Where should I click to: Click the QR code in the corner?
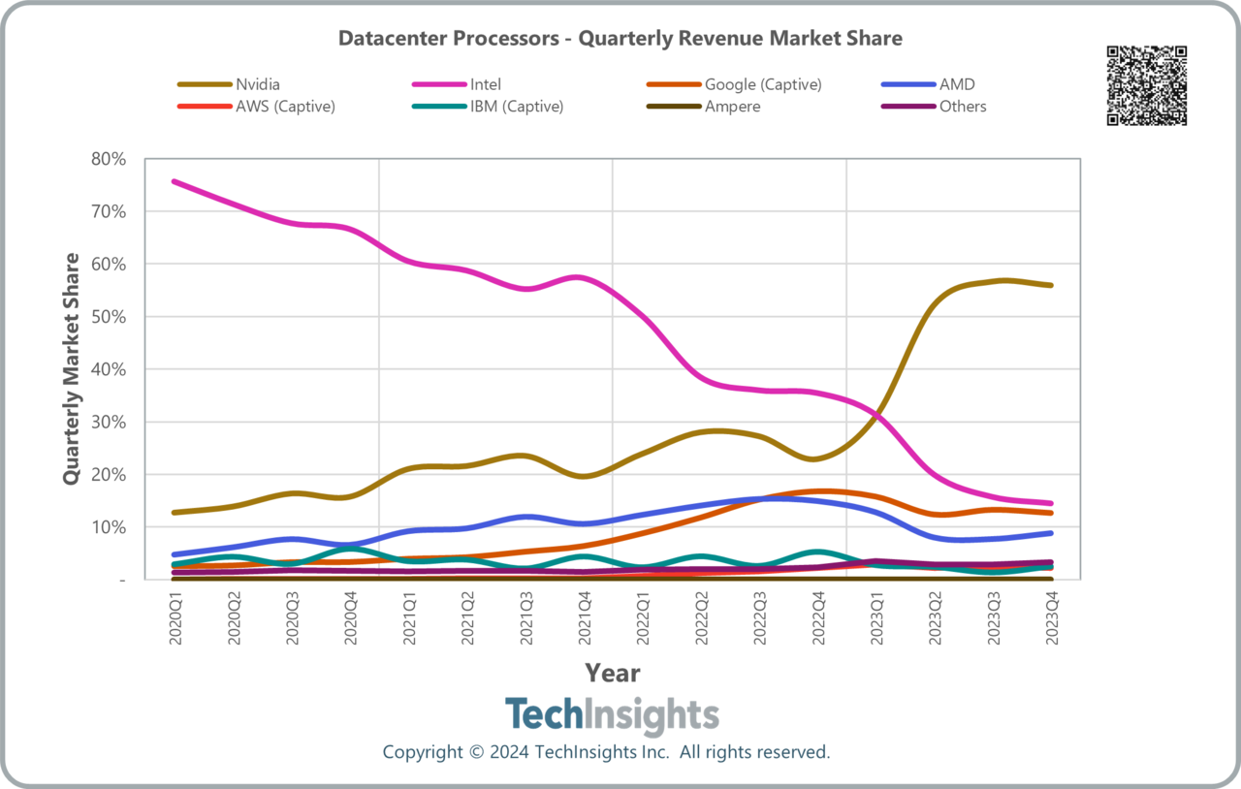[x=1146, y=85]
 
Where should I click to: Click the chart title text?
[x=620, y=39]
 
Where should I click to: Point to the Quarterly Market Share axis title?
[x=72, y=368]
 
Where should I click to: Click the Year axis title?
[x=612, y=673]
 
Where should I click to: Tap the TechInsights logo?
[x=612, y=716]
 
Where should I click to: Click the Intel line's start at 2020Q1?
[x=175, y=181]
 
